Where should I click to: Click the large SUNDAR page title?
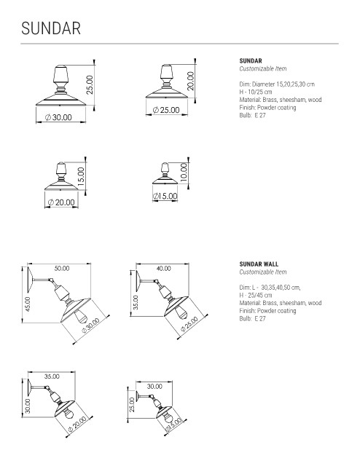[51, 28]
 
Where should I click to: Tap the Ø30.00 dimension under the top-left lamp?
[58, 117]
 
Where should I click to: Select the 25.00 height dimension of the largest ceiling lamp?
[90, 84]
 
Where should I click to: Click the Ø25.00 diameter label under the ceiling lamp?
[166, 110]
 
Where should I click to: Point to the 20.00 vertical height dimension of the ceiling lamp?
[190, 81]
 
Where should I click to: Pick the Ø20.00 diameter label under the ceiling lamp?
[61, 202]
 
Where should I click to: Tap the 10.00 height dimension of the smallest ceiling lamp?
[184, 173]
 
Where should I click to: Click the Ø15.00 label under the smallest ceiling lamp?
[165, 196]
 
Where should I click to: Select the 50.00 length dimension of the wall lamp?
[62, 269]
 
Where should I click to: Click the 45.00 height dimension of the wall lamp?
[28, 304]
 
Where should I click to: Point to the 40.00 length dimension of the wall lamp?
[164, 269]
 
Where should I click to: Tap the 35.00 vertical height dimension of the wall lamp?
[136, 303]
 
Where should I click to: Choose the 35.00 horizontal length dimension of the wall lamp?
[52, 376]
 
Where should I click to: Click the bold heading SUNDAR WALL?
[259, 264]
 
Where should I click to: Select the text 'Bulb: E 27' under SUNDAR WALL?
[252, 319]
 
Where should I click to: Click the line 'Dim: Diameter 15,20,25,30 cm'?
[277, 84]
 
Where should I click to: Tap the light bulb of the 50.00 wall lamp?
[80, 317]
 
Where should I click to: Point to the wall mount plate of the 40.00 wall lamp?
[138, 281]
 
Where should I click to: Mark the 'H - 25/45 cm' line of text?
[256, 295]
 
